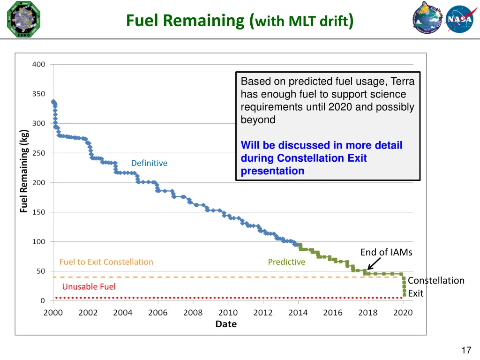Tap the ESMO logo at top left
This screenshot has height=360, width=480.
coord(24,19)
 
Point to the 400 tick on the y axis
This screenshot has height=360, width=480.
coord(39,64)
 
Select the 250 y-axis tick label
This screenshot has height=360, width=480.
coord(39,153)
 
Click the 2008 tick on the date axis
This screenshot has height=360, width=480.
coord(193,313)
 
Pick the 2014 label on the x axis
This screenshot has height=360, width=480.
coord(298,313)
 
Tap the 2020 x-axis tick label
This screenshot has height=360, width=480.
coord(403,313)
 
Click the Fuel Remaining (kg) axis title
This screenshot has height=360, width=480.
coord(24,171)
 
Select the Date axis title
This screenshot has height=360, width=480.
coord(226,324)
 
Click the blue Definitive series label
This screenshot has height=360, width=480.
coord(149,163)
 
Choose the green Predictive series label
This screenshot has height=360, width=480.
coord(286,262)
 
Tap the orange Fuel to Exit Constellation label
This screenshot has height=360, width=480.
coord(106,262)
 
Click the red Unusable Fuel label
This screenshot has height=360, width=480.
coord(89,286)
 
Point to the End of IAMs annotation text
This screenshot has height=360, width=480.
coord(386,252)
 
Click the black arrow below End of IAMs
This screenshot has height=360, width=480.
coord(374,263)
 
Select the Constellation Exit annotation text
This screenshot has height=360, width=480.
coord(435,286)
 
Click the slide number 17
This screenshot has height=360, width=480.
coord(466,350)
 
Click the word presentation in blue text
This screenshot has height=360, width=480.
coord(272,171)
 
